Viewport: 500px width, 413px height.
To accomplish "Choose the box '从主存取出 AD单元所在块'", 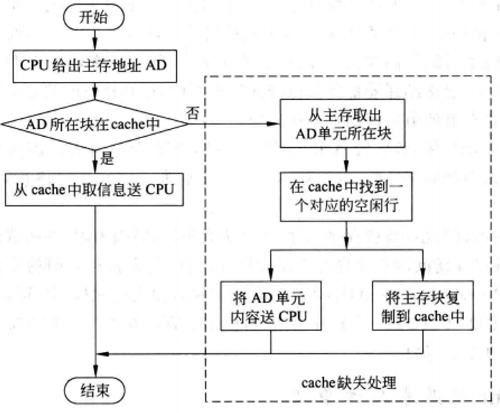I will point(344,124).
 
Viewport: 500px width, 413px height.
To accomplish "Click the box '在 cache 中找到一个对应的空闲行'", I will point(344,198).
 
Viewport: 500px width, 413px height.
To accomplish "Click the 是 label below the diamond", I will point(107,158).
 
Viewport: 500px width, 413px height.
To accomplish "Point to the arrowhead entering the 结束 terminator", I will point(95,371).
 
